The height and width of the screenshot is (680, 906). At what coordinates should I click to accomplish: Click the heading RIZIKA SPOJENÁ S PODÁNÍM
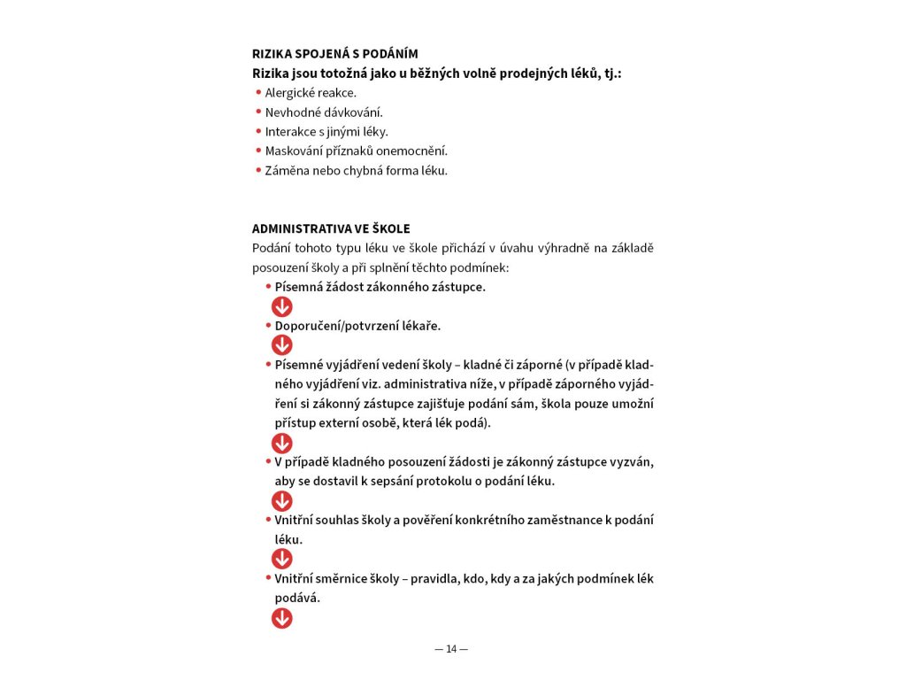[x=334, y=54]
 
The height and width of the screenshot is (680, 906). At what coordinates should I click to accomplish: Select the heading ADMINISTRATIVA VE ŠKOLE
[x=331, y=228]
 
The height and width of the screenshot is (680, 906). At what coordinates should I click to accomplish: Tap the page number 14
[x=451, y=649]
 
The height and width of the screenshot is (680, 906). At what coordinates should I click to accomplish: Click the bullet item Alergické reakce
[x=311, y=92]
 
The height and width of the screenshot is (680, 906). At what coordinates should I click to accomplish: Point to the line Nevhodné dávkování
[x=324, y=112]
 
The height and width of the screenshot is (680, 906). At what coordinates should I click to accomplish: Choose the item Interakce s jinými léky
[x=326, y=132]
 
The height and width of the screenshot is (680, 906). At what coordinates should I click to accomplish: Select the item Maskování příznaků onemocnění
[x=357, y=151]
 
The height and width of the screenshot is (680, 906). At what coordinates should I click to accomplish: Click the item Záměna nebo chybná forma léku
[x=357, y=171]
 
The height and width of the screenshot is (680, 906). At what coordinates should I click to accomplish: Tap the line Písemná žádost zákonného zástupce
[x=380, y=287]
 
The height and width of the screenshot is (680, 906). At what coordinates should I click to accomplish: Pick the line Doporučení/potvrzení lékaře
[x=357, y=326]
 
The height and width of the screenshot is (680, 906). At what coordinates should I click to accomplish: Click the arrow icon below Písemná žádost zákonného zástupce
[x=281, y=306]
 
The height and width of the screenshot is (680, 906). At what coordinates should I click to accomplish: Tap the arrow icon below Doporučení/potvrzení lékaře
[x=281, y=345]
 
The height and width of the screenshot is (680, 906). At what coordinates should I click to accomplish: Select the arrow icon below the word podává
[x=281, y=617]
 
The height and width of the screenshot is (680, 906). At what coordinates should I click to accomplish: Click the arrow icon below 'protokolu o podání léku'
[x=281, y=501]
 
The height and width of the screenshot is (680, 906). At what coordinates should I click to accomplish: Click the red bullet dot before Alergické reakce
[x=258, y=92]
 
